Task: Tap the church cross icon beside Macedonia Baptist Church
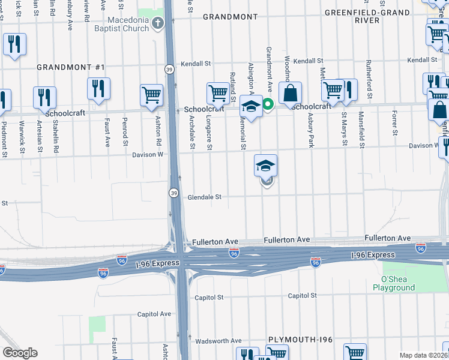click(x=158, y=24)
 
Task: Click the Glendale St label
click(x=205, y=197)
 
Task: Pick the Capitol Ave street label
click(x=154, y=314)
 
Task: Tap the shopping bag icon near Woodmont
click(x=290, y=94)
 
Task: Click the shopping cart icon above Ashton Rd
click(x=151, y=95)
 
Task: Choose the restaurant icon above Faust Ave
click(x=98, y=88)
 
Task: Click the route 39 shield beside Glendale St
click(x=173, y=193)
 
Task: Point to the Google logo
click(x=20, y=353)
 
